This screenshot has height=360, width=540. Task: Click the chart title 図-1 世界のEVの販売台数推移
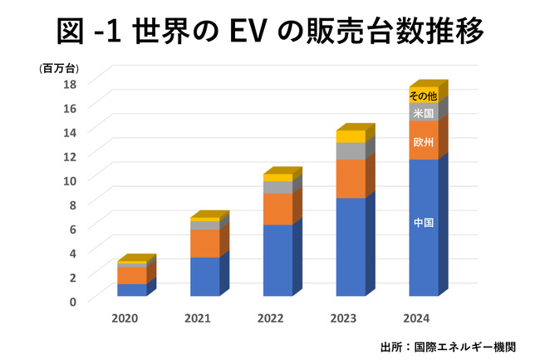(x=270, y=32)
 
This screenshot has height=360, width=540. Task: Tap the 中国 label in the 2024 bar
(x=423, y=223)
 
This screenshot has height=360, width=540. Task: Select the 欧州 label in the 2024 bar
(x=423, y=142)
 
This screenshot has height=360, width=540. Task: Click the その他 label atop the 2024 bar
(x=423, y=96)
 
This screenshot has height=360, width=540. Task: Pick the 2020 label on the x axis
(x=125, y=319)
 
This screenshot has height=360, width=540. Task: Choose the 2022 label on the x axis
(x=271, y=319)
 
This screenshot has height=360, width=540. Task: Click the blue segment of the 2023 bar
(x=350, y=246)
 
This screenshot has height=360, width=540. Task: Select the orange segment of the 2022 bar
(x=277, y=209)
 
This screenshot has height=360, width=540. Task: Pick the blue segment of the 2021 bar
(x=204, y=276)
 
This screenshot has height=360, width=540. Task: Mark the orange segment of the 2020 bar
(x=131, y=274)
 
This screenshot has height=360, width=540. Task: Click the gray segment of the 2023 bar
(x=350, y=150)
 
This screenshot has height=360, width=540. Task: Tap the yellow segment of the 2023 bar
(x=350, y=136)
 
